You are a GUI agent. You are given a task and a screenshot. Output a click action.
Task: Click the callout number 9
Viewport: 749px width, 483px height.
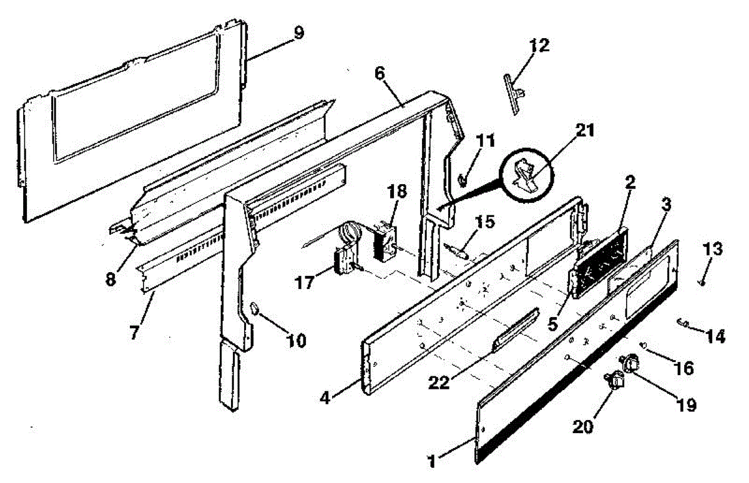click(299, 32)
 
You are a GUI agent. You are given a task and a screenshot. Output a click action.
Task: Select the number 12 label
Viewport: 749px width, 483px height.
click(539, 45)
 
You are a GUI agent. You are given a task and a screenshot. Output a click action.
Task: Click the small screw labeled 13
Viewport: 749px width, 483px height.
click(702, 283)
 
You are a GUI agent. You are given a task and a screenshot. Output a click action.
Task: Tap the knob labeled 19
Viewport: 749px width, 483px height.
click(632, 362)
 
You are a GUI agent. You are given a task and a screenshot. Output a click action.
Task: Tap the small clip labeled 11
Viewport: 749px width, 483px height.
click(463, 179)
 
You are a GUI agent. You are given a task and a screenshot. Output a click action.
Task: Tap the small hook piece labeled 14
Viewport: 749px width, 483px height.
click(682, 323)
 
